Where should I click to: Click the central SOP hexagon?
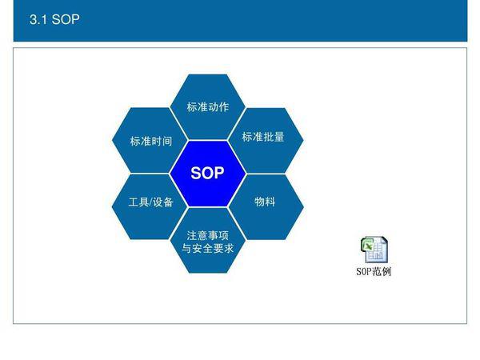(208, 174)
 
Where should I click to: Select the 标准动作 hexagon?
(208, 107)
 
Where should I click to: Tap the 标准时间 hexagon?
(150, 140)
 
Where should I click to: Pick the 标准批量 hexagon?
(266, 140)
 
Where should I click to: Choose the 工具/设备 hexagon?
(150, 207)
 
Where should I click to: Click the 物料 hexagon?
(266, 207)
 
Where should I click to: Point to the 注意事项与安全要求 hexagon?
(208, 241)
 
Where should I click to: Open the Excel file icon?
(374, 250)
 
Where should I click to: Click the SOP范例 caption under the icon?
(374, 271)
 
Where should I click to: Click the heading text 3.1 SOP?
(54, 19)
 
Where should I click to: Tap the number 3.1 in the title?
(38, 19)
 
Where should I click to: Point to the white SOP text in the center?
(207, 173)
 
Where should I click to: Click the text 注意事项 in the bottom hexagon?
(208, 235)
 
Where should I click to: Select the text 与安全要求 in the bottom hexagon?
(208, 248)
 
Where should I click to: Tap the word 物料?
(265, 202)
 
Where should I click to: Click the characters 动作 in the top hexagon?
(218, 107)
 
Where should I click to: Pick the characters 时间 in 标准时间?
(162, 141)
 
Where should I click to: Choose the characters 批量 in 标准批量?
(274, 137)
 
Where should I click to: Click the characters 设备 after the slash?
(163, 202)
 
